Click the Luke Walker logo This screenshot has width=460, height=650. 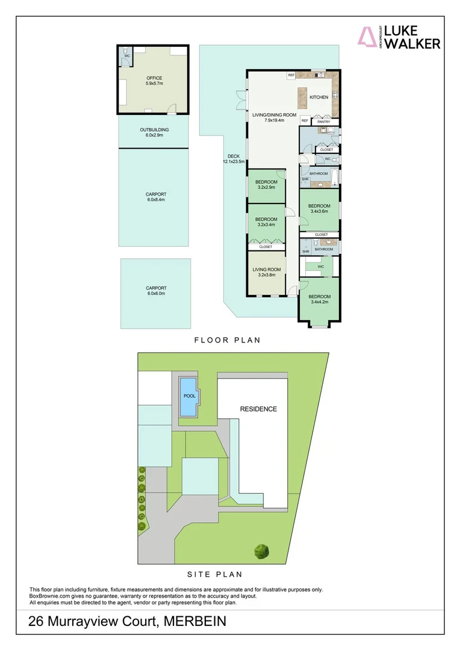click(400, 37)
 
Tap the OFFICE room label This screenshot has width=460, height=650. click(154, 81)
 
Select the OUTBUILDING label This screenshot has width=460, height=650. click(154, 132)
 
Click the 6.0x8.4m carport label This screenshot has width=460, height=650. click(155, 197)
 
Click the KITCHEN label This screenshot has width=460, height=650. click(319, 97)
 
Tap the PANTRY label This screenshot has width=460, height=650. click(325, 122)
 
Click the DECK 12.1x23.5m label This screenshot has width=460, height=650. click(234, 159)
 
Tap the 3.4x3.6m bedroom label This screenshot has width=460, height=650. click(320, 209)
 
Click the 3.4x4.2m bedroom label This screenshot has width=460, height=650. click(320, 299)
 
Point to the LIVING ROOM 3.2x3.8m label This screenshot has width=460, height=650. click(267, 272)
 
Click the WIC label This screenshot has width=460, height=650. click(321, 266)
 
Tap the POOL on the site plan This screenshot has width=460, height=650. click(189, 397)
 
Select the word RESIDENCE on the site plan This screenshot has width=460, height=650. click(258, 409)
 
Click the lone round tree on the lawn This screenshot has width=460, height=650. click(261, 550)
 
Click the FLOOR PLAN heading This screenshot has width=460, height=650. click(227, 340)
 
